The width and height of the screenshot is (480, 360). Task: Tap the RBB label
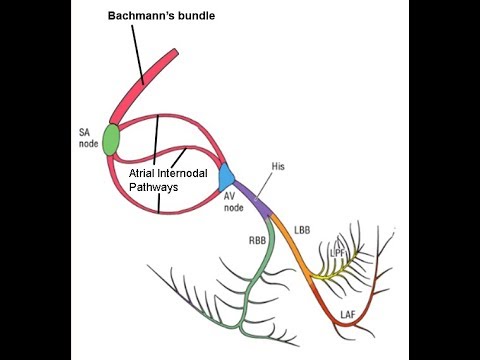258,241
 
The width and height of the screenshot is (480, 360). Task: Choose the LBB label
303,230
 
